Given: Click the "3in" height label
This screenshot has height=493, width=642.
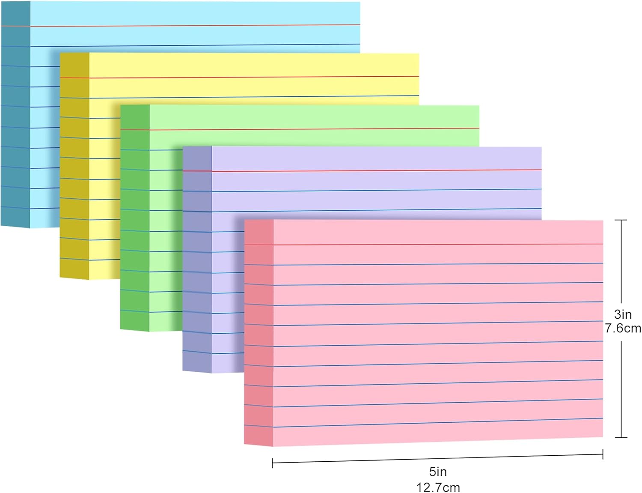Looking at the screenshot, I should [623, 314].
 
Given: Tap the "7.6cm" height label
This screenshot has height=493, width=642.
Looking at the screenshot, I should [623, 329].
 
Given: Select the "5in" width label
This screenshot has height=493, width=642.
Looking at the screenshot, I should [438, 472].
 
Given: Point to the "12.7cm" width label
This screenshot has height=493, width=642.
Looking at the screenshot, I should [438, 487].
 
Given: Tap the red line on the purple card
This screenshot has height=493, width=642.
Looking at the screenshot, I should [377, 170].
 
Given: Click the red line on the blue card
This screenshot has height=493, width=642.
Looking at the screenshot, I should [193, 25].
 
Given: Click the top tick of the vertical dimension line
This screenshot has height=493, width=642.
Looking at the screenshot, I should [621, 220].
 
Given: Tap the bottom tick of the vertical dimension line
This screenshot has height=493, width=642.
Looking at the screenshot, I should [621, 437].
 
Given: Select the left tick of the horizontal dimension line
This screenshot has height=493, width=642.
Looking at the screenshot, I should [273, 463].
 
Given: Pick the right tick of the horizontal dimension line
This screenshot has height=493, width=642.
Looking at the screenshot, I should [603, 454].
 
